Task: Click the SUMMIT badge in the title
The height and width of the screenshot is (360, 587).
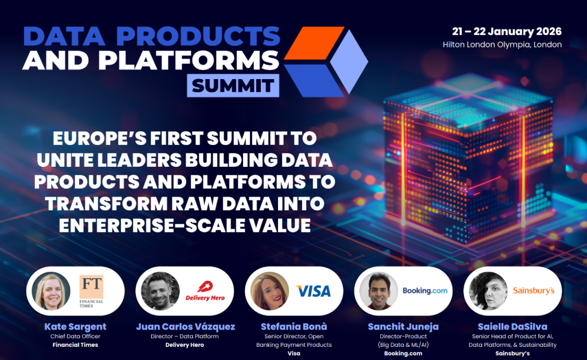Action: tap(233, 85)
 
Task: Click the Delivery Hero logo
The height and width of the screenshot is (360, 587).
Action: tap(205, 291)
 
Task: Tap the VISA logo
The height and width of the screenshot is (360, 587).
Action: tap(313, 291)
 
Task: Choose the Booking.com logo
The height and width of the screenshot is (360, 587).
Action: tap(425, 291)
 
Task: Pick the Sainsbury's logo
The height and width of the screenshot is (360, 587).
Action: tap(533, 291)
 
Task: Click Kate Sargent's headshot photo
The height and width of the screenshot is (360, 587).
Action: tap(52, 291)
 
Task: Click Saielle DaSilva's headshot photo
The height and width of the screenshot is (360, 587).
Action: tap(487, 291)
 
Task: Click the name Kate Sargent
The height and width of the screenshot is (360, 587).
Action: tap(75, 327)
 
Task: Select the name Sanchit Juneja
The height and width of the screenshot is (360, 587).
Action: tap(403, 327)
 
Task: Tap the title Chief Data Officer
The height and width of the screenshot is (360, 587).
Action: tap(75, 336)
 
